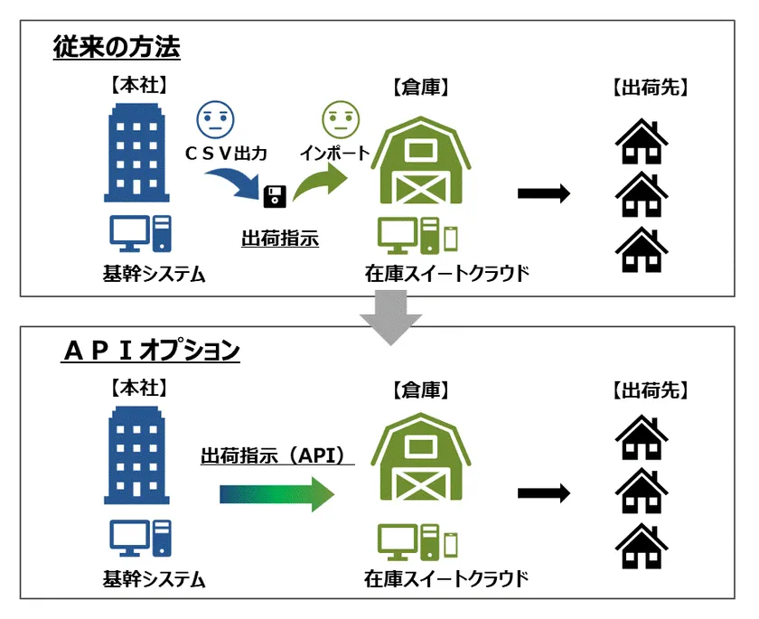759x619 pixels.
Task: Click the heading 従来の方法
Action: pyautogui.click(x=117, y=47)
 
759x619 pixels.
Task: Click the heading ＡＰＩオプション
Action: pyautogui.click(x=151, y=350)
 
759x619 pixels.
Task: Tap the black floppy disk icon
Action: pyautogui.click(x=275, y=196)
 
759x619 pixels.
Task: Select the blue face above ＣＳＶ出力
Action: pyautogui.click(x=215, y=119)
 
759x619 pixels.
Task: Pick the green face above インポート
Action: pyautogui.click(x=341, y=119)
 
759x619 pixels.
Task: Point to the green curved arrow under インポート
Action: pyautogui.click(x=320, y=182)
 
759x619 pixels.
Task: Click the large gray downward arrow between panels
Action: pyautogui.click(x=390, y=317)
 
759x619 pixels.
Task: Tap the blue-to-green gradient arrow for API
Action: pyautogui.click(x=276, y=494)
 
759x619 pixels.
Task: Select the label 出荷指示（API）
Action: pyautogui.click(x=277, y=455)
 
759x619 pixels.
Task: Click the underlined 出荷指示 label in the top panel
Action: pyautogui.click(x=280, y=239)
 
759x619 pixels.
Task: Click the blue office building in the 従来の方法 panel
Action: pyautogui.click(x=136, y=153)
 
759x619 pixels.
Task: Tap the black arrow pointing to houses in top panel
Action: pyautogui.click(x=544, y=193)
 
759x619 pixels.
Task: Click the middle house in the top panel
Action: pyautogui.click(x=642, y=194)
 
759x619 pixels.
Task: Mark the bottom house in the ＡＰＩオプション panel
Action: pyautogui.click(x=642, y=546)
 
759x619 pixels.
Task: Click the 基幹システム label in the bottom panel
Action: pyautogui.click(x=154, y=579)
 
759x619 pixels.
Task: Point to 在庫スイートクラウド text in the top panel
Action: pyautogui.click(x=446, y=274)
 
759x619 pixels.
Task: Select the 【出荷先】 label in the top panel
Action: pyautogui.click(x=650, y=88)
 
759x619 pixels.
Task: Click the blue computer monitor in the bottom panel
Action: pyautogui.click(x=129, y=539)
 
